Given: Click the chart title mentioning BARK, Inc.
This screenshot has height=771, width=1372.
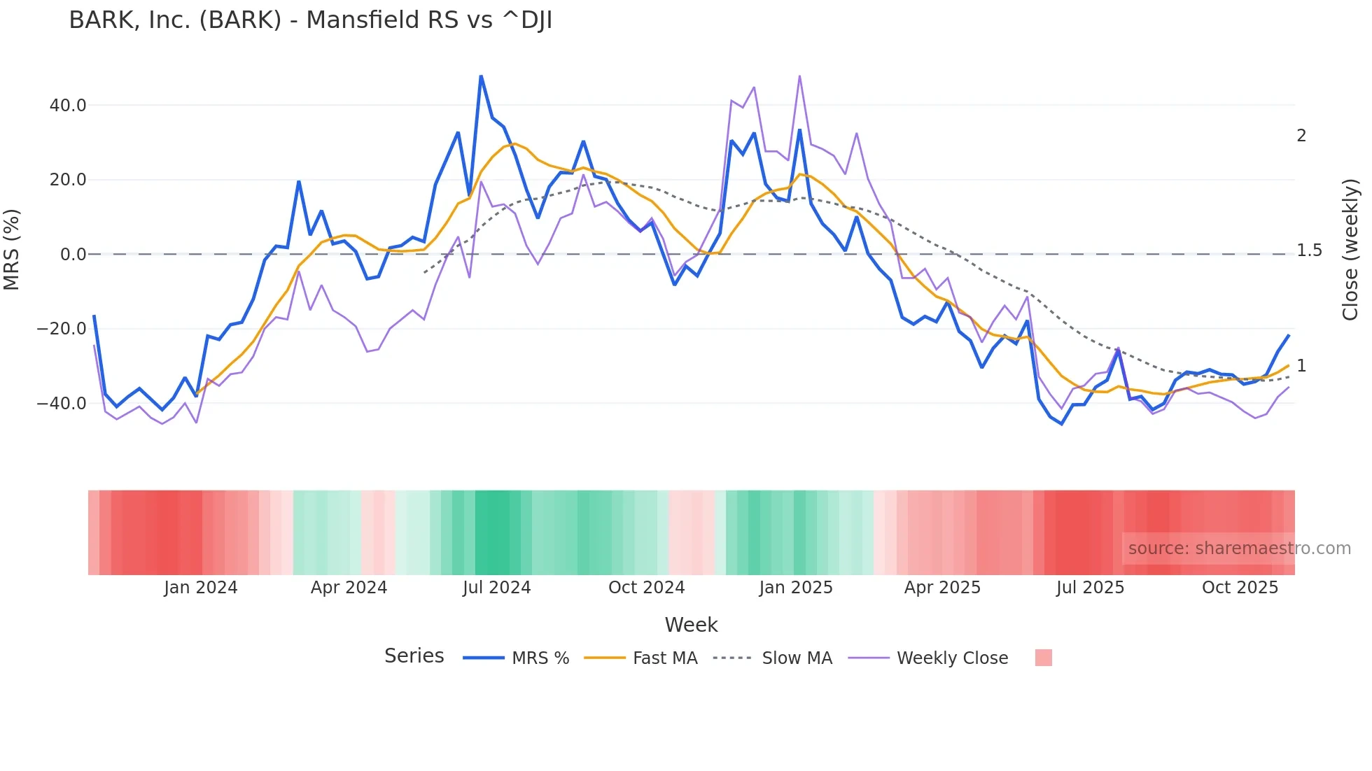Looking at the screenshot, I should click(x=310, y=20).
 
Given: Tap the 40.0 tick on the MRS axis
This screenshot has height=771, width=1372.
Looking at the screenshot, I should click(x=68, y=106).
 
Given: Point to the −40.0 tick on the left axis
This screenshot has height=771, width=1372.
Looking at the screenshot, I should click(x=62, y=404).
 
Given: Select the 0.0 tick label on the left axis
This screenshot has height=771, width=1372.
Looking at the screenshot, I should click(x=73, y=255).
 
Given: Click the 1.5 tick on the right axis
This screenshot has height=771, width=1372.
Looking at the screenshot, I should click(x=1309, y=250).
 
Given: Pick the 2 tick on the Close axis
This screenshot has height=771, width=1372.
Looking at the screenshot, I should click(x=1301, y=136).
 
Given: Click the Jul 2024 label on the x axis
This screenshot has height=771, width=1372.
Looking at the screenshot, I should click(x=496, y=588).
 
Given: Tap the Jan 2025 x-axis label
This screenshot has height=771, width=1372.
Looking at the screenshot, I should click(x=796, y=588).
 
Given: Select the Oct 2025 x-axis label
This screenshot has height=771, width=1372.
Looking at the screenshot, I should click(x=1240, y=588).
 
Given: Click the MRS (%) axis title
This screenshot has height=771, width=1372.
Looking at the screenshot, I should click(x=12, y=250).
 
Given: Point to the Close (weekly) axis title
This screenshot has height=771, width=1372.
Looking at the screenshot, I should click(x=1350, y=250).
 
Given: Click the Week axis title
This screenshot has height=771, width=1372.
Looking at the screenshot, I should click(x=691, y=625).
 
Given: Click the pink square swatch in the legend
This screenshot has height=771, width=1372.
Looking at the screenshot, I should click(x=1043, y=658).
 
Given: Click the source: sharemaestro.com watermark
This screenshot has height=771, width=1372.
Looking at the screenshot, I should click(x=1239, y=549).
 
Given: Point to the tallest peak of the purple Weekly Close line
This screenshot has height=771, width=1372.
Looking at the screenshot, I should click(x=799, y=76).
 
